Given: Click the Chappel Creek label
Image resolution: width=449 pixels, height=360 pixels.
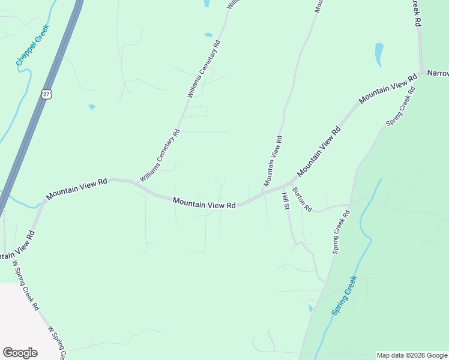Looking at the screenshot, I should coord(32,46).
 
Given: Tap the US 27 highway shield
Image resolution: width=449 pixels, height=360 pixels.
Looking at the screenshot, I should coord(47,93).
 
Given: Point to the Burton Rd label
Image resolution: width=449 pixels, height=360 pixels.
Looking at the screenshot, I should coord(302,199).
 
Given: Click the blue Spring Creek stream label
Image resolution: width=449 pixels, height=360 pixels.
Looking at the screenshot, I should coord(345,295).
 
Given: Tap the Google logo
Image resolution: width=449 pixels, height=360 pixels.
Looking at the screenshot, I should coord(20,353).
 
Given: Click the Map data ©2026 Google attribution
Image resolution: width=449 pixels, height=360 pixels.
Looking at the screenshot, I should coord(412,355).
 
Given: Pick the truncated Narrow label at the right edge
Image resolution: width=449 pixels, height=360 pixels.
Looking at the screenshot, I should coord(438,73).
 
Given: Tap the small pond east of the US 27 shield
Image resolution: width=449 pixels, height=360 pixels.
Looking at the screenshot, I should coord(92,107).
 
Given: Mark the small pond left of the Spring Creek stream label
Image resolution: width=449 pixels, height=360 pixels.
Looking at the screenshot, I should coord(310,308).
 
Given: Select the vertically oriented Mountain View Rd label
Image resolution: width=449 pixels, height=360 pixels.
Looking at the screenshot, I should coord(272,160).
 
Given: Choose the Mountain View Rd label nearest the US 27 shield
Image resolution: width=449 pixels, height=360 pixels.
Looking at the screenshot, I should coord(76,187).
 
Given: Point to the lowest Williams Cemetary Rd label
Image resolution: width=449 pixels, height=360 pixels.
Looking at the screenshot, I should coord(160,156).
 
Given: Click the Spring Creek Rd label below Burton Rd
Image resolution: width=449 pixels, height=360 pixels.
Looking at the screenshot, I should coord(341,232).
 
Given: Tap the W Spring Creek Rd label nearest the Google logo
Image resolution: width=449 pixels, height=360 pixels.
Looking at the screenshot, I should coord(56,343).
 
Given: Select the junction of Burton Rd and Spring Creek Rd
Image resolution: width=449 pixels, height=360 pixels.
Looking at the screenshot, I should coord(350,204).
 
